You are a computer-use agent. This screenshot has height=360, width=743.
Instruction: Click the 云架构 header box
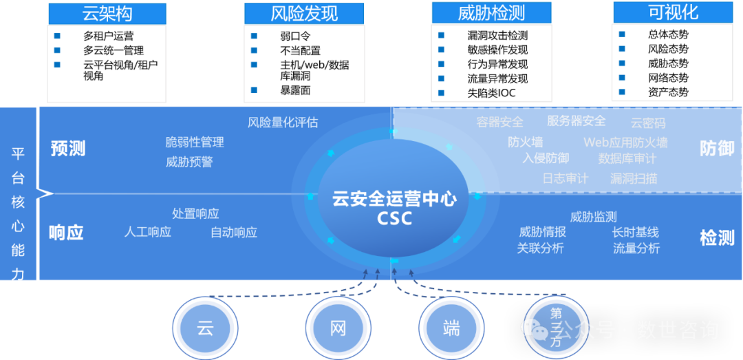[107, 12]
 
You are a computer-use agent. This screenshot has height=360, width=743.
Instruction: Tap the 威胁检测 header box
[491, 13]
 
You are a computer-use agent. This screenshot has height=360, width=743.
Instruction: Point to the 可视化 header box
[672, 12]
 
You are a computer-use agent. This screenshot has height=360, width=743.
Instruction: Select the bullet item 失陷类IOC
[491, 93]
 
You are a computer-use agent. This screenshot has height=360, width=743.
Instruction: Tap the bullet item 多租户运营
[109, 36]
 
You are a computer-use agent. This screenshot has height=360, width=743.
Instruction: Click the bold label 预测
[68, 149]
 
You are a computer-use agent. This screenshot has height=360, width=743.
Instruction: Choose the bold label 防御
[717, 148]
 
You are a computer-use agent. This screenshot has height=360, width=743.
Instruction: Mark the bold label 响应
[66, 233]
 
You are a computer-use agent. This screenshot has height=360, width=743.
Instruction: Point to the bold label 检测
[717, 238]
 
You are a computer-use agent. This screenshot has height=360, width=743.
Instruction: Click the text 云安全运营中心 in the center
[394, 200]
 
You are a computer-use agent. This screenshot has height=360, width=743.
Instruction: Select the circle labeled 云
[205, 328]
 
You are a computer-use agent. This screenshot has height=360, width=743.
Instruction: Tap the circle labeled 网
[338, 328]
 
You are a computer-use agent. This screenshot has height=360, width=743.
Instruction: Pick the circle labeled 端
[451, 328]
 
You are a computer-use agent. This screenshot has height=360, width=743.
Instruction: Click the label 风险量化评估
[283, 123]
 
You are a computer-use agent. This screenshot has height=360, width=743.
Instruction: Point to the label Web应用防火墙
[625, 142]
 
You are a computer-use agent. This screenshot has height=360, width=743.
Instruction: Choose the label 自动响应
[234, 233]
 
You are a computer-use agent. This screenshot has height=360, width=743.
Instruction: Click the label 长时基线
[636, 233]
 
